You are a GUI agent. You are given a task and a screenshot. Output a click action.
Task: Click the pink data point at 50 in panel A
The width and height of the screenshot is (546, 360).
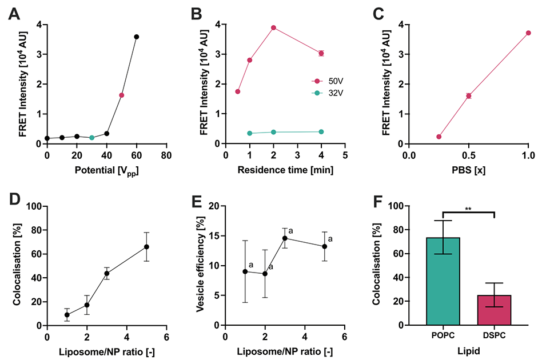[122, 95]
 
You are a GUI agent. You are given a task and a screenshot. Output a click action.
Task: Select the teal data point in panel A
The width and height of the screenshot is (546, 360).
[91, 138]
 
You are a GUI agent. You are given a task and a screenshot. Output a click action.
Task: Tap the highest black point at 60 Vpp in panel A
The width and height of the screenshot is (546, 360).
[137, 37]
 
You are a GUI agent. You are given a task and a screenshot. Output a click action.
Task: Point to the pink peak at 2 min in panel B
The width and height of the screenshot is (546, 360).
[273, 27]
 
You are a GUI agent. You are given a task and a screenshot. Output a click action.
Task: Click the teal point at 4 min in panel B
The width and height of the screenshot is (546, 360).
[321, 131]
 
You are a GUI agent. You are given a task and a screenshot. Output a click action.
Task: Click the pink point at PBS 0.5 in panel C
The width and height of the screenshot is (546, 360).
[468, 95]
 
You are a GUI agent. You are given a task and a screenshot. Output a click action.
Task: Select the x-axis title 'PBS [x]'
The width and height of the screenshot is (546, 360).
[468, 170]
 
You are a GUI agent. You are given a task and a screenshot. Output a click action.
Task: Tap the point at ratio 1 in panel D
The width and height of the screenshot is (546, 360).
[67, 314]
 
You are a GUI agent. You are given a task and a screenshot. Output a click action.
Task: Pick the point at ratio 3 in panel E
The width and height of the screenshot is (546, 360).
[285, 238]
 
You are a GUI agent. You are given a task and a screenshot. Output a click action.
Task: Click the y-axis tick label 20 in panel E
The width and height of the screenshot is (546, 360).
[213, 206]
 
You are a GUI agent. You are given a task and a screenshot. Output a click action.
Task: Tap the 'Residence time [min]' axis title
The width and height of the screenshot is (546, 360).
[285, 170]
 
